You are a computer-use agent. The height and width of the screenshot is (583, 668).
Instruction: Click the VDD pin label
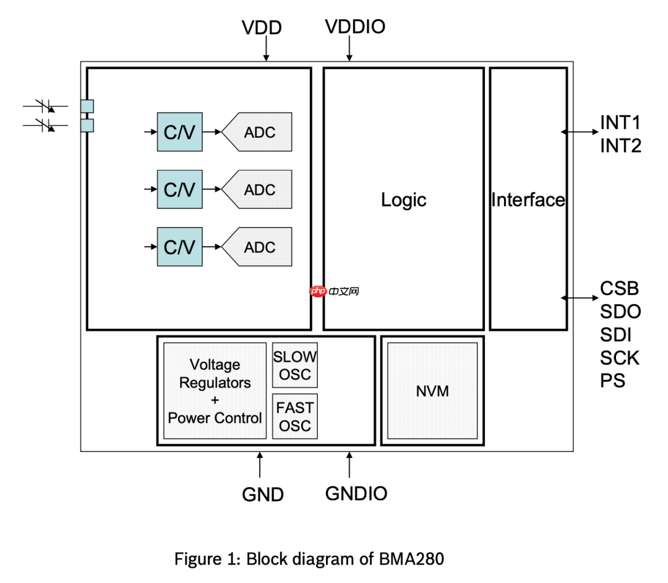(262, 28)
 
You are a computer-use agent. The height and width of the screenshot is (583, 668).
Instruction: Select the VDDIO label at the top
(355, 27)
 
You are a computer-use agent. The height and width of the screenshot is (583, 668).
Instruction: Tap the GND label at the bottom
(263, 495)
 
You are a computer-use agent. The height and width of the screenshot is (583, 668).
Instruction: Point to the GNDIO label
(356, 493)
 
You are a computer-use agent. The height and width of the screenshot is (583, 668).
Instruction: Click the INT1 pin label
(620, 122)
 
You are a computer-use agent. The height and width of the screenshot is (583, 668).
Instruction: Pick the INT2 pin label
(620, 146)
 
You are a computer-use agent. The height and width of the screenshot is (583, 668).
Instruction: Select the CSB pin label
(619, 289)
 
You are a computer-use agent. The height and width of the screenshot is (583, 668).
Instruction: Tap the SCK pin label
(620, 358)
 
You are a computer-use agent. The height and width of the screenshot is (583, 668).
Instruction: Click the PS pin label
(612, 381)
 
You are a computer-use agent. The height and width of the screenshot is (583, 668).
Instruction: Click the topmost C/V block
(179, 132)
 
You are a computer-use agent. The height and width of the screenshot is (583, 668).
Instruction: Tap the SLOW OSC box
(295, 365)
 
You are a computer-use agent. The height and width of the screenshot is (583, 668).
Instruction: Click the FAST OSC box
(295, 416)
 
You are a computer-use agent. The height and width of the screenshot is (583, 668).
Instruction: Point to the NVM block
(432, 391)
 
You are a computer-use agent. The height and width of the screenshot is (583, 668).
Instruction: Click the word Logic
(403, 200)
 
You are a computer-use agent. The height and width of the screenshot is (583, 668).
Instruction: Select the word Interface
(528, 200)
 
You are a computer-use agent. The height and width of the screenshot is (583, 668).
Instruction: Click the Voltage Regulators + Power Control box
(215, 391)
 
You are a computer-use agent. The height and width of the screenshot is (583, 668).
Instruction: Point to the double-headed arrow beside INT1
(580, 131)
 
